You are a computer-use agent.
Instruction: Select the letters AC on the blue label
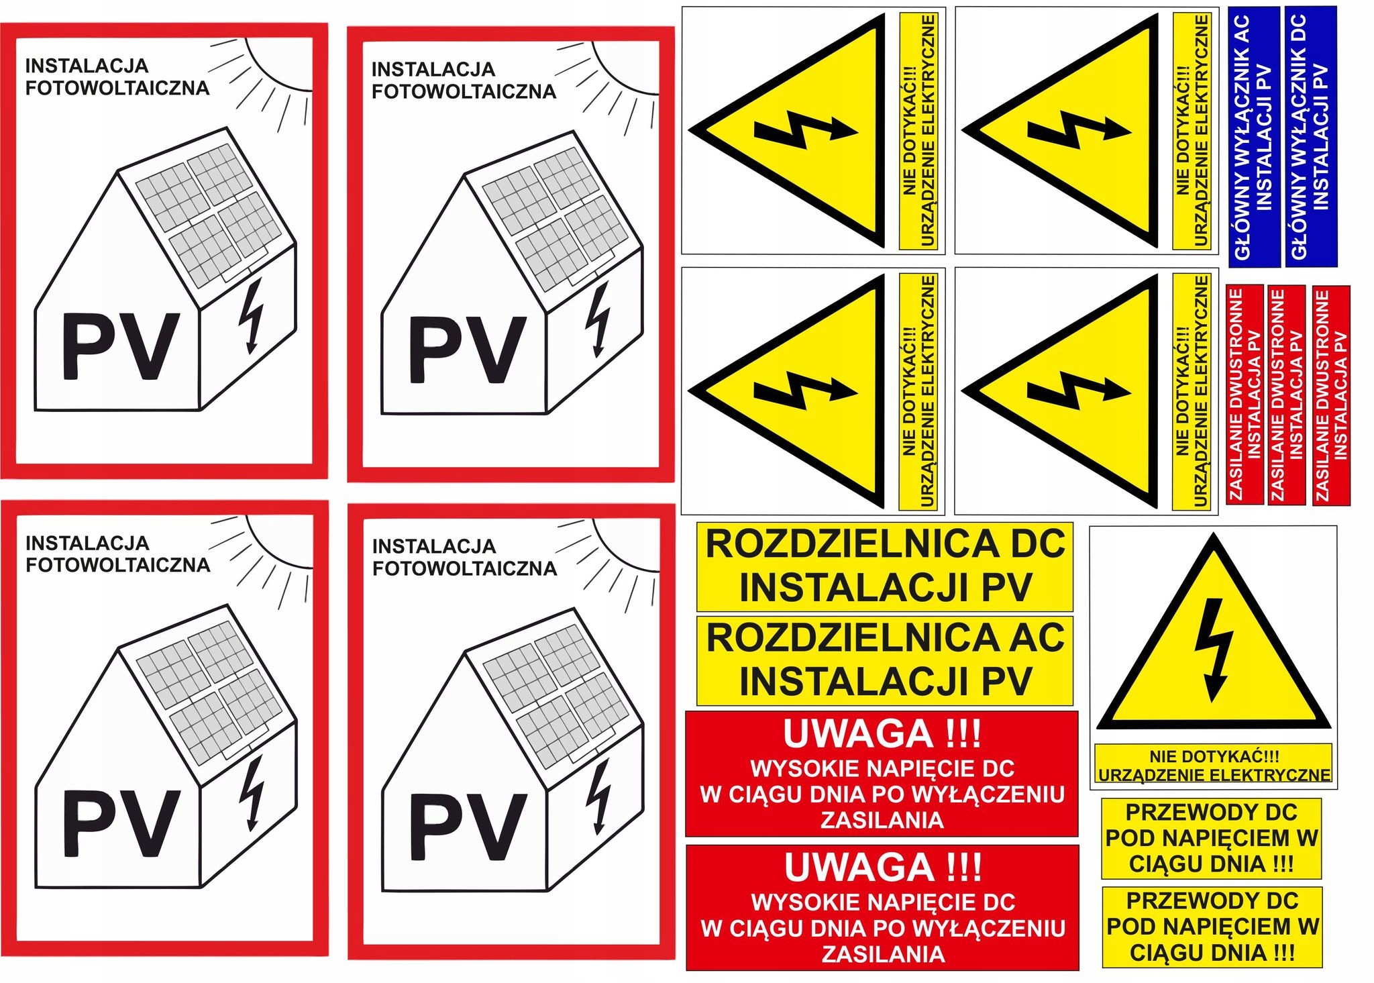tap(1243, 30)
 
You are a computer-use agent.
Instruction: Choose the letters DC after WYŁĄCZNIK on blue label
tap(1299, 30)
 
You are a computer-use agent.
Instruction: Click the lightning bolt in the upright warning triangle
tap(1213, 648)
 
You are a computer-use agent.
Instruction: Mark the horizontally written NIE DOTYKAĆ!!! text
tap(1214, 756)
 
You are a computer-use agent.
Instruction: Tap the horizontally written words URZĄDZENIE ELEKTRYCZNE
tap(1214, 775)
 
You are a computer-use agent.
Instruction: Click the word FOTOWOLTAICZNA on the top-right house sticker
tap(464, 92)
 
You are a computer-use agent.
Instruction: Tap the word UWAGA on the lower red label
tap(859, 867)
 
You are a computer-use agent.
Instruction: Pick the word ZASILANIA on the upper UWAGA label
tap(882, 820)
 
